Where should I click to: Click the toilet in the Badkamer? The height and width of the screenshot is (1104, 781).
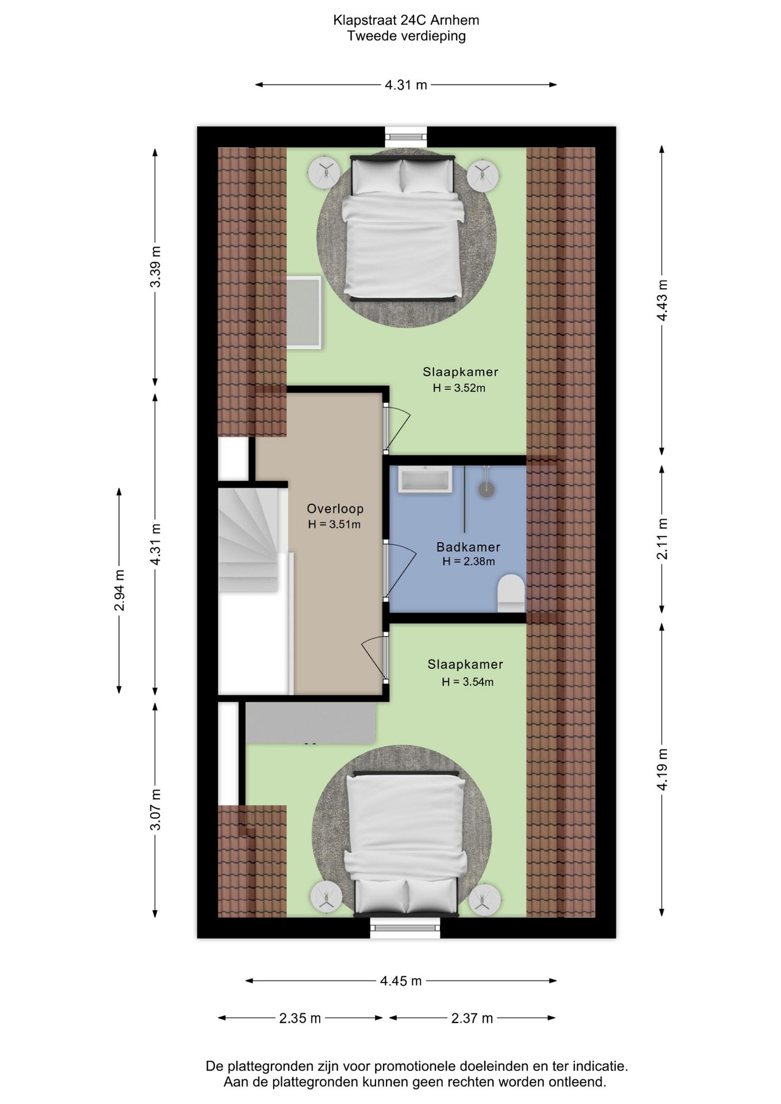(511, 593)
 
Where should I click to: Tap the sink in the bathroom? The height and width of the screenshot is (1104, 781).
(424, 480)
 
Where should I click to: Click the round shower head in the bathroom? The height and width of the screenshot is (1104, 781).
(487, 489)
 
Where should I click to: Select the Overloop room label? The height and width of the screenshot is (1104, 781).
(335, 508)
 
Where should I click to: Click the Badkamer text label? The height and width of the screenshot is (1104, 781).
(468, 547)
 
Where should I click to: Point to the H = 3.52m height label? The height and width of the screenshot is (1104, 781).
(459, 388)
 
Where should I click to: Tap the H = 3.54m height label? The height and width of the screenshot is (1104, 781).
(468, 682)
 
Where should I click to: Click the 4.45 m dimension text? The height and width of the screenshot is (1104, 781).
(401, 980)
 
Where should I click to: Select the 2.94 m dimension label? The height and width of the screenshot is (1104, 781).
(119, 591)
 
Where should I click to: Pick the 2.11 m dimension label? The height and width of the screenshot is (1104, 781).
(663, 539)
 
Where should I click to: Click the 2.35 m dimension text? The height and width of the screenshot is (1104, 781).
(300, 1018)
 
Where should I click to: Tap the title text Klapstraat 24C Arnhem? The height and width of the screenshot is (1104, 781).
(406, 20)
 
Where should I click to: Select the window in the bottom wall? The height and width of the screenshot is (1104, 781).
(405, 927)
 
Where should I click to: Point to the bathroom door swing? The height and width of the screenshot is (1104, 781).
(400, 571)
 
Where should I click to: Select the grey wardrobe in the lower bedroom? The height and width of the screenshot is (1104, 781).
(311, 723)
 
